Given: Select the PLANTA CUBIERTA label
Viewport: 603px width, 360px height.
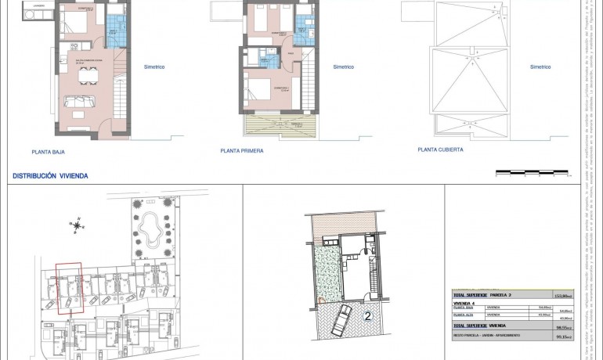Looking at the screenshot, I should point(440,149).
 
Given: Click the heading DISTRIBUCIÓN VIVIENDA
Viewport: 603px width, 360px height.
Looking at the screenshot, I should point(50,177).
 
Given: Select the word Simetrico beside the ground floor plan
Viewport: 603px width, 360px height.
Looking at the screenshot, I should point(153,67).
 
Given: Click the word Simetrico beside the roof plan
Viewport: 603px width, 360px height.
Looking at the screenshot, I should point(540,67).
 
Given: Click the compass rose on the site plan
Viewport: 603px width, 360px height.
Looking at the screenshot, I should point(78,226).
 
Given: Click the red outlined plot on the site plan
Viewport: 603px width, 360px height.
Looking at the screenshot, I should point(69,286).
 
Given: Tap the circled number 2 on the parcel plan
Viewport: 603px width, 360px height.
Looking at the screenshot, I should point(367,316).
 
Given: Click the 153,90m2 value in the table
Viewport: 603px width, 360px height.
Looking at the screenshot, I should point(562,296).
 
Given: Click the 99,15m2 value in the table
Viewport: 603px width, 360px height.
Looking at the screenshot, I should point(562,337).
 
